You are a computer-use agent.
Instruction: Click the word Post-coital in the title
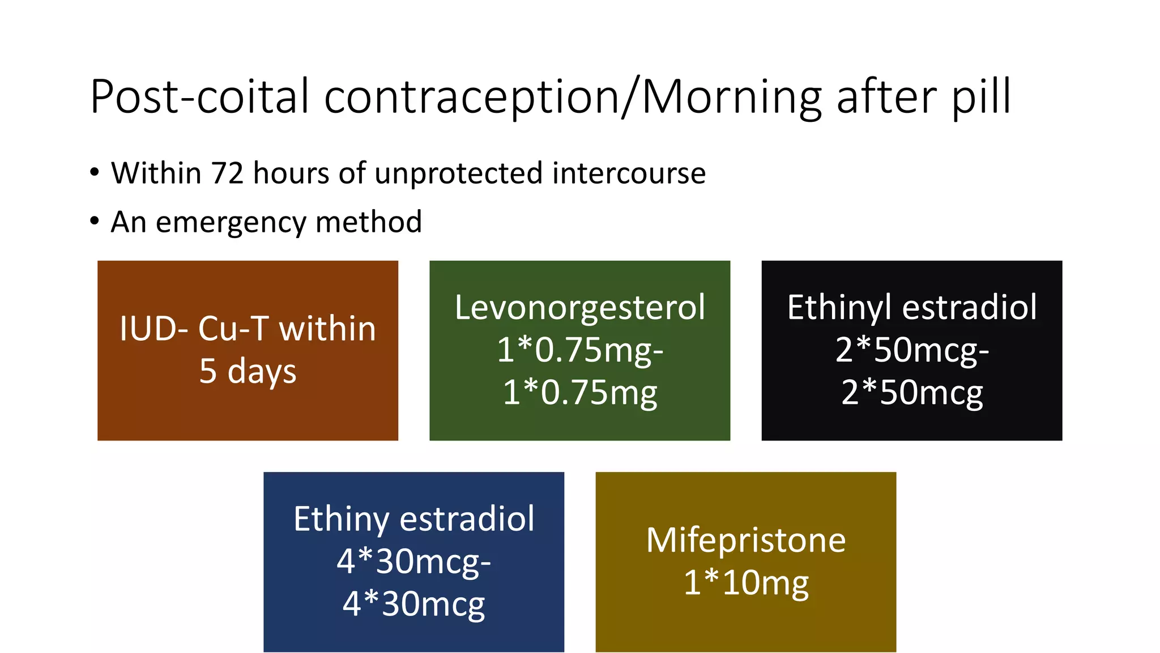200,97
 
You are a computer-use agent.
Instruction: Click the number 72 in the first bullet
227,173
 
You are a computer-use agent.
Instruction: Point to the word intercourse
629,173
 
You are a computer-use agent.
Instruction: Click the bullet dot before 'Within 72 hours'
95,172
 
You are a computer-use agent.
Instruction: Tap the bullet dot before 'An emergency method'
95,221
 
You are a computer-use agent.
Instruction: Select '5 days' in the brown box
248,371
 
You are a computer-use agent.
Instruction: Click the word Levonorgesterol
579,308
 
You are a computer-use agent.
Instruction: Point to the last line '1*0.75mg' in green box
579,393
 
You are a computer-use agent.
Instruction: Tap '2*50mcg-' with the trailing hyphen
912,350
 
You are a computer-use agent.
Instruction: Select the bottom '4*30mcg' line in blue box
413,604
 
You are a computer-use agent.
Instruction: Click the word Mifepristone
745,540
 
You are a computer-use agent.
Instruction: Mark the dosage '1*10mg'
745,583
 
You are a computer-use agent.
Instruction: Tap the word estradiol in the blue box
467,519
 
